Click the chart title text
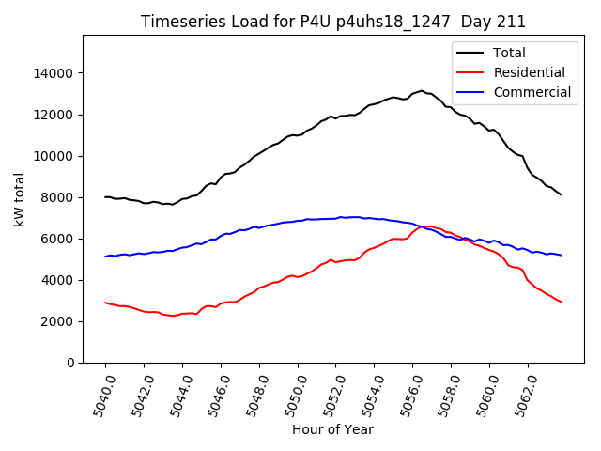click(x=333, y=22)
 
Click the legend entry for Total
click(x=509, y=53)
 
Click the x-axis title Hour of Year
click(x=332, y=429)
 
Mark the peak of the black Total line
click(x=421, y=91)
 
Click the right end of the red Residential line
click(x=561, y=302)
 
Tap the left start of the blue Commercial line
click(x=105, y=257)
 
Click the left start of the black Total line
click(x=105, y=197)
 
